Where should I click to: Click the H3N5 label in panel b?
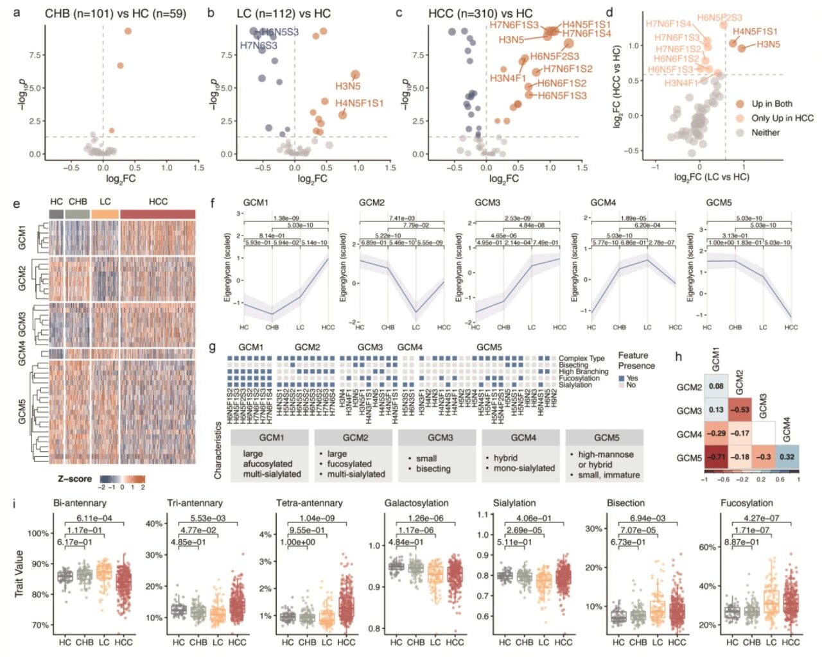coord(347,86)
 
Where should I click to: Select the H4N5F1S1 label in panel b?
coord(359,103)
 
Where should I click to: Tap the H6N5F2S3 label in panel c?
coord(554,56)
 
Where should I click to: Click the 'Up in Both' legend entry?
coord(772,103)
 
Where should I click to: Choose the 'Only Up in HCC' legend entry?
coord(782,118)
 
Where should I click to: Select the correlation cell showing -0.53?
coord(740,410)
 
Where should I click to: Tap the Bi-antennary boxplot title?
coord(80,503)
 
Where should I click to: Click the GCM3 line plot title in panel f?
coord(487,203)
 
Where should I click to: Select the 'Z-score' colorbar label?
coord(74,479)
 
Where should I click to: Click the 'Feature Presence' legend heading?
coord(636,361)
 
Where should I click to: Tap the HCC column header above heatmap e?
coord(158,202)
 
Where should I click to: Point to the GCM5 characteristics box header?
coord(606,438)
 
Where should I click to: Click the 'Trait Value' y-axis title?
coord(19,573)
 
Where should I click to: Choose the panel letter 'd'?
coord(609,13)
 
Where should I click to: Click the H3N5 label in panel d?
coord(768,45)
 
